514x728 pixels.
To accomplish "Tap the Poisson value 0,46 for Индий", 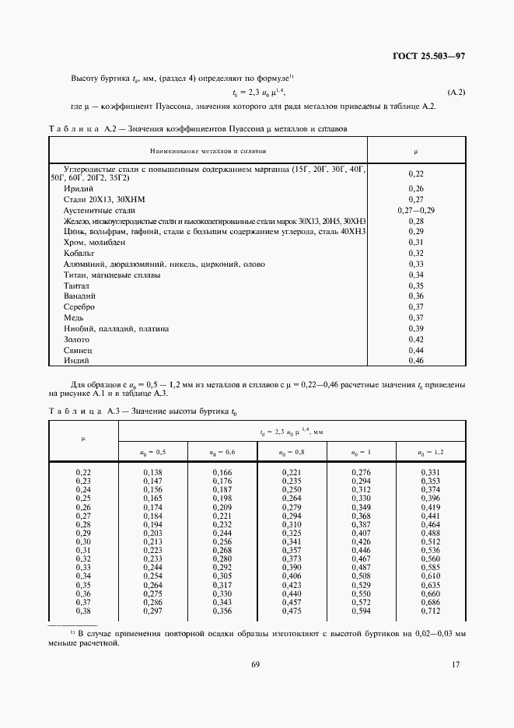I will click(x=416, y=361).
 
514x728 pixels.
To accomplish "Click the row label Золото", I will click(x=77, y=339).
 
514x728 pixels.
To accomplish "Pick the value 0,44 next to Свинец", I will click(x=416, y=350).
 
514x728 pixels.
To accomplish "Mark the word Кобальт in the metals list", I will click(x=79, y=253).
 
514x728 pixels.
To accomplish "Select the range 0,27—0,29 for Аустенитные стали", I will click(x=416, y=210).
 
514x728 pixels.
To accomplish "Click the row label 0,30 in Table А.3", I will click(x=83, y=541).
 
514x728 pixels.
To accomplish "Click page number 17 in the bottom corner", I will click(x=456, y=664).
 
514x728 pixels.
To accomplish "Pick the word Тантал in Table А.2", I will click(x=78, y=285).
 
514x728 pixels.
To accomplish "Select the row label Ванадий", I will click(x=79, y=296).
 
